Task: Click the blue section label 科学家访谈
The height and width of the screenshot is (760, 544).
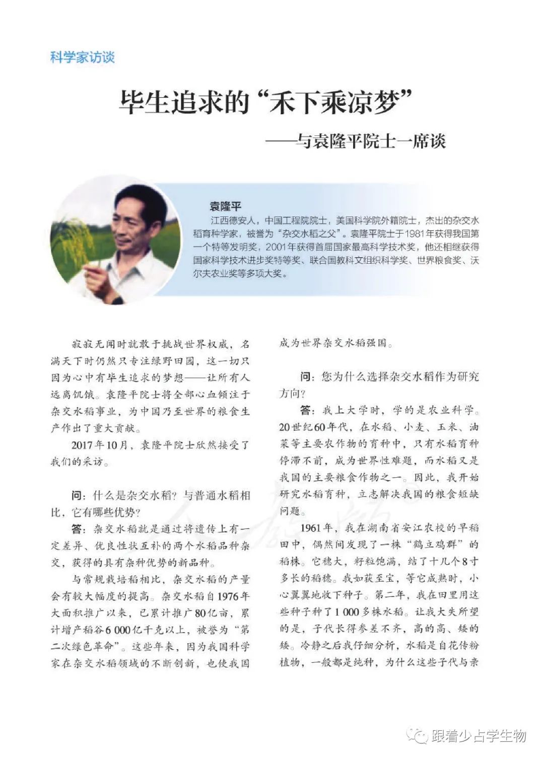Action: click(83, 57)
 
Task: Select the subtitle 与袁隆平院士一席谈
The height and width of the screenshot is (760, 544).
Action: click(370, 141)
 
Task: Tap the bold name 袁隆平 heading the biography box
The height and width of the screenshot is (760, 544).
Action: click(225, 206)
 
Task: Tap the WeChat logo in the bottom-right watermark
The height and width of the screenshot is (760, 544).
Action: click(420, 736)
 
